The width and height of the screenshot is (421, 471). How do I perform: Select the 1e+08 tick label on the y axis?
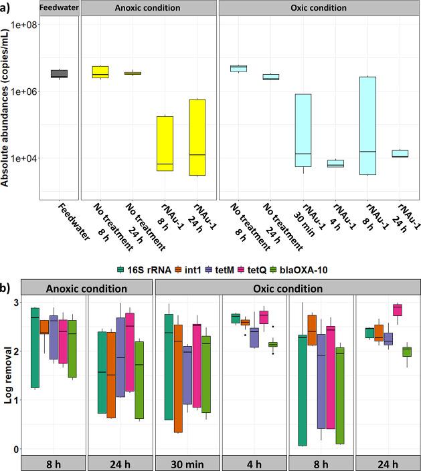coord(23,25)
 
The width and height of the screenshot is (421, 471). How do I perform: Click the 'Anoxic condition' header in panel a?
coord(146,9)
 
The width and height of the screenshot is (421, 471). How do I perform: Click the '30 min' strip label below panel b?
coord(187,463)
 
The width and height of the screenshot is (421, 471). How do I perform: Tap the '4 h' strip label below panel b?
coord(254,463)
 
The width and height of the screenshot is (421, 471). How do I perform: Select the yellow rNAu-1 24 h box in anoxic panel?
coord(197,137)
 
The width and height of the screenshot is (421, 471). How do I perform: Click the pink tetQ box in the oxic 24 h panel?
coord(397,309)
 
